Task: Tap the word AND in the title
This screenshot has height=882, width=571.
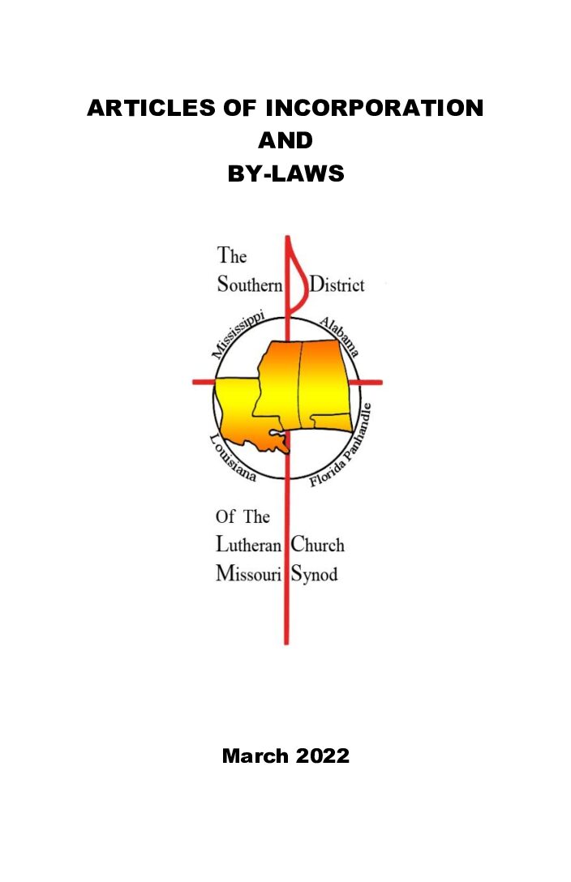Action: [285, 140]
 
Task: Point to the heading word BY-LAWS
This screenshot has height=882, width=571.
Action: [285, 173]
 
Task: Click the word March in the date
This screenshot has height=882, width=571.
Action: [255, 756]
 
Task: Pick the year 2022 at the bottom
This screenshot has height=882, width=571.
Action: [322, 756]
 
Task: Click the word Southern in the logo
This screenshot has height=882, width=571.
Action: [249, 285]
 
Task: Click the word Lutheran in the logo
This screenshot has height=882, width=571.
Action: [248, 546]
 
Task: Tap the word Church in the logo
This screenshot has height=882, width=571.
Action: [318, 546]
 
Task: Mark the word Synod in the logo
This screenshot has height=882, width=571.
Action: [315, 575]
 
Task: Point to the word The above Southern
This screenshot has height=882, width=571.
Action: [232, 256]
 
